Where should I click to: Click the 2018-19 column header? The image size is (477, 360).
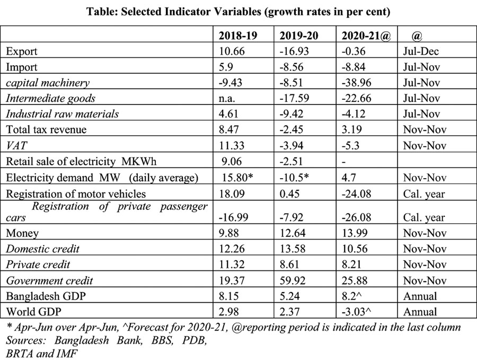pos(239,36)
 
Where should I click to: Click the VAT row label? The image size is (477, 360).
pos(16,145)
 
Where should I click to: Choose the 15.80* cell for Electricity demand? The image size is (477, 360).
pos(238,177)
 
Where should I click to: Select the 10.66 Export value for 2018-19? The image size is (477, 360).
pos(232,51)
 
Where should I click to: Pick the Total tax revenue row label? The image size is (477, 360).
pos(45,129)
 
